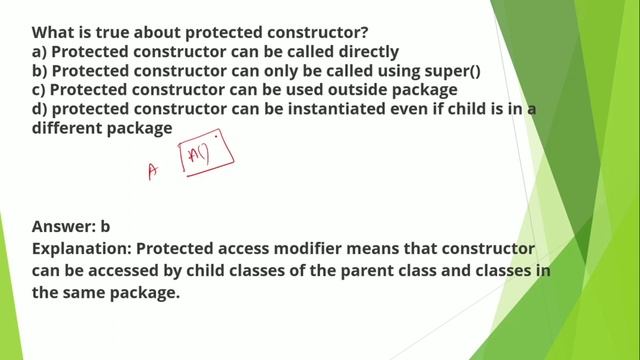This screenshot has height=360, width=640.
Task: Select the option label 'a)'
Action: [x=40, y=51]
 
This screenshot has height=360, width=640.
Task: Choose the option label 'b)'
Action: [x=40, y=71]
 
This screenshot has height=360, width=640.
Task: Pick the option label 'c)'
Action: [x=40, y=90]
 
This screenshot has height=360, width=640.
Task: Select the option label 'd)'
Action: [x=40, y=109]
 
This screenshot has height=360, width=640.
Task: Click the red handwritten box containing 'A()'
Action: [x=206, y=152]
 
